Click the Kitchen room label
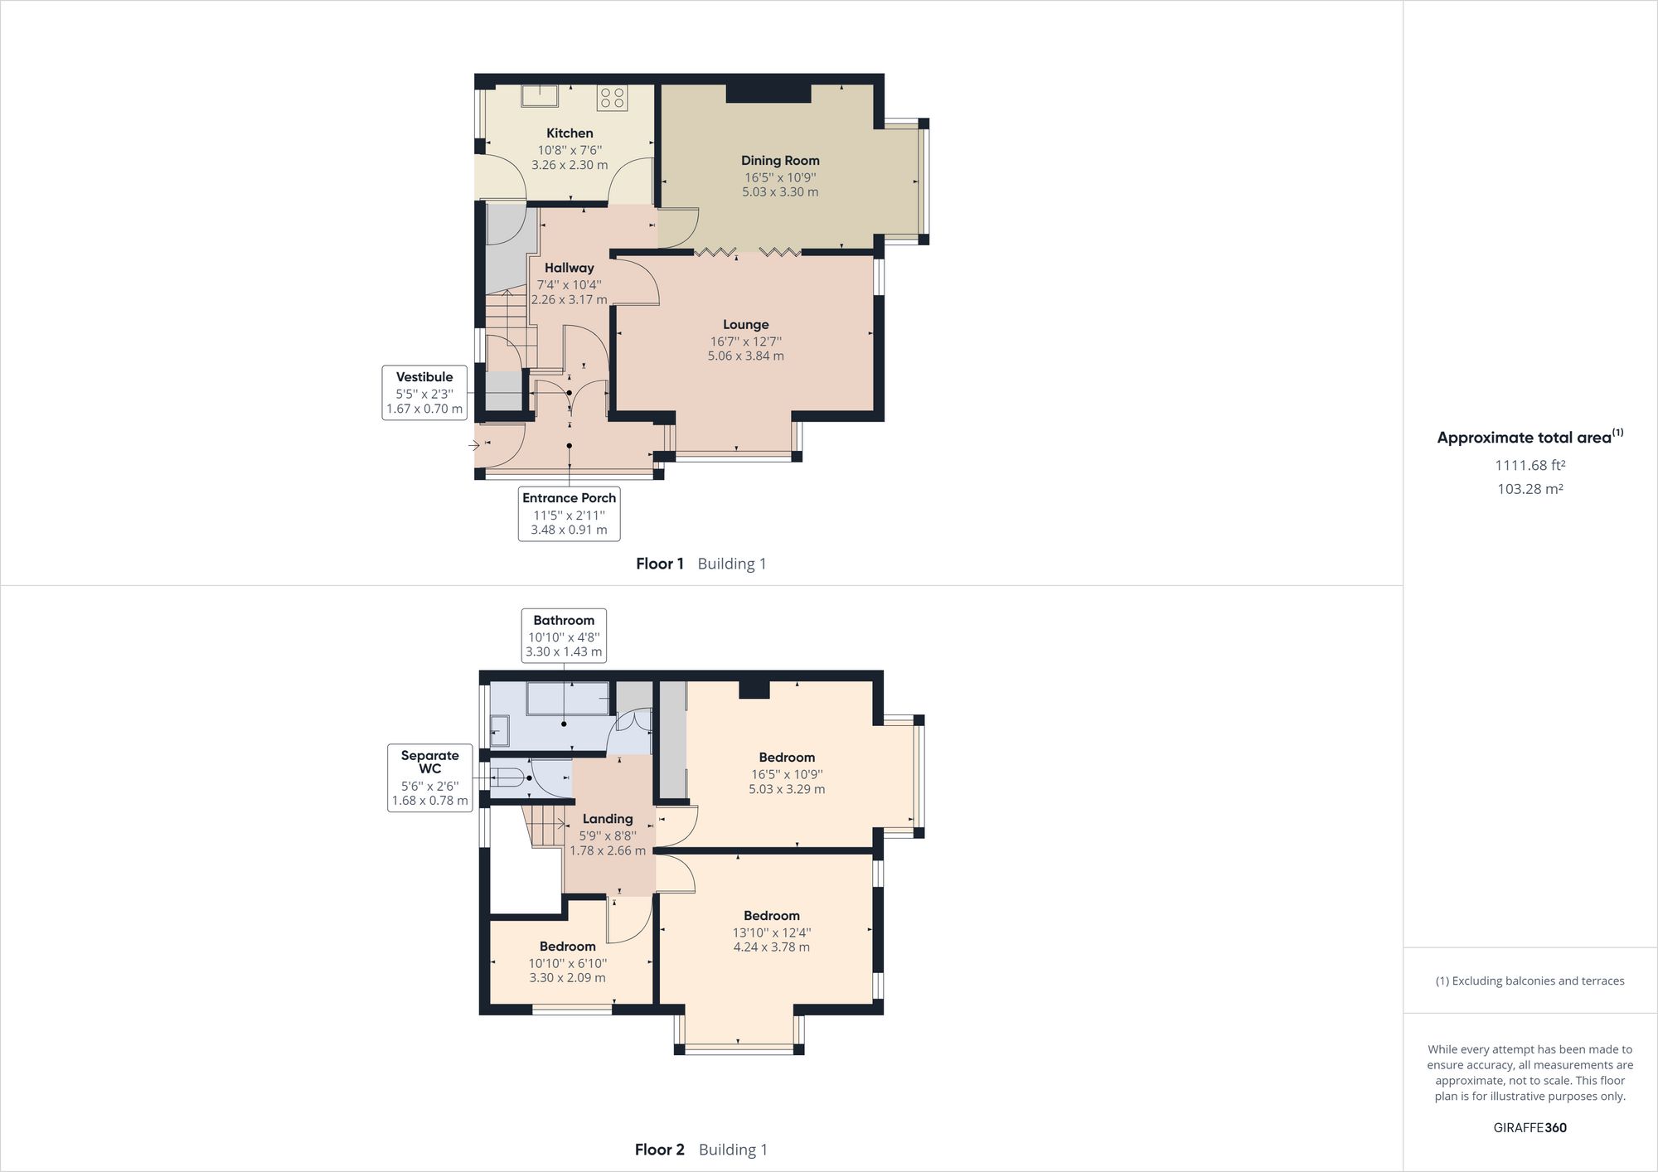[x=570, y=133]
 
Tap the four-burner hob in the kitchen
[x=612, y=98]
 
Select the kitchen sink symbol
[x=539, y=95]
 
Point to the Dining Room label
[x=780, y=161]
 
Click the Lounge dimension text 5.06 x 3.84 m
[x=745, y=356]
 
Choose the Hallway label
[x=569, y=268]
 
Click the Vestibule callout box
[x=424, y=393]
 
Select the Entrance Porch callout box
[x=569, y=514]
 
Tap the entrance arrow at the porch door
[x=475, y=445]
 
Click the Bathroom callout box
[x=564, y=636]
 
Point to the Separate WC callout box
[x=429, y=777]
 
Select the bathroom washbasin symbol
[x=500, y=730]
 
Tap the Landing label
[x=607, y=819]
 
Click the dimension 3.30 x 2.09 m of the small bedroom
[x=567, y=978]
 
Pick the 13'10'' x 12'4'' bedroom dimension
[x=771, y=932]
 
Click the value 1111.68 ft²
[x=1530, y=466]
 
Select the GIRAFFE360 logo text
[x=1530, y=1128]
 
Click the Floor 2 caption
[x=660, y=1150]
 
